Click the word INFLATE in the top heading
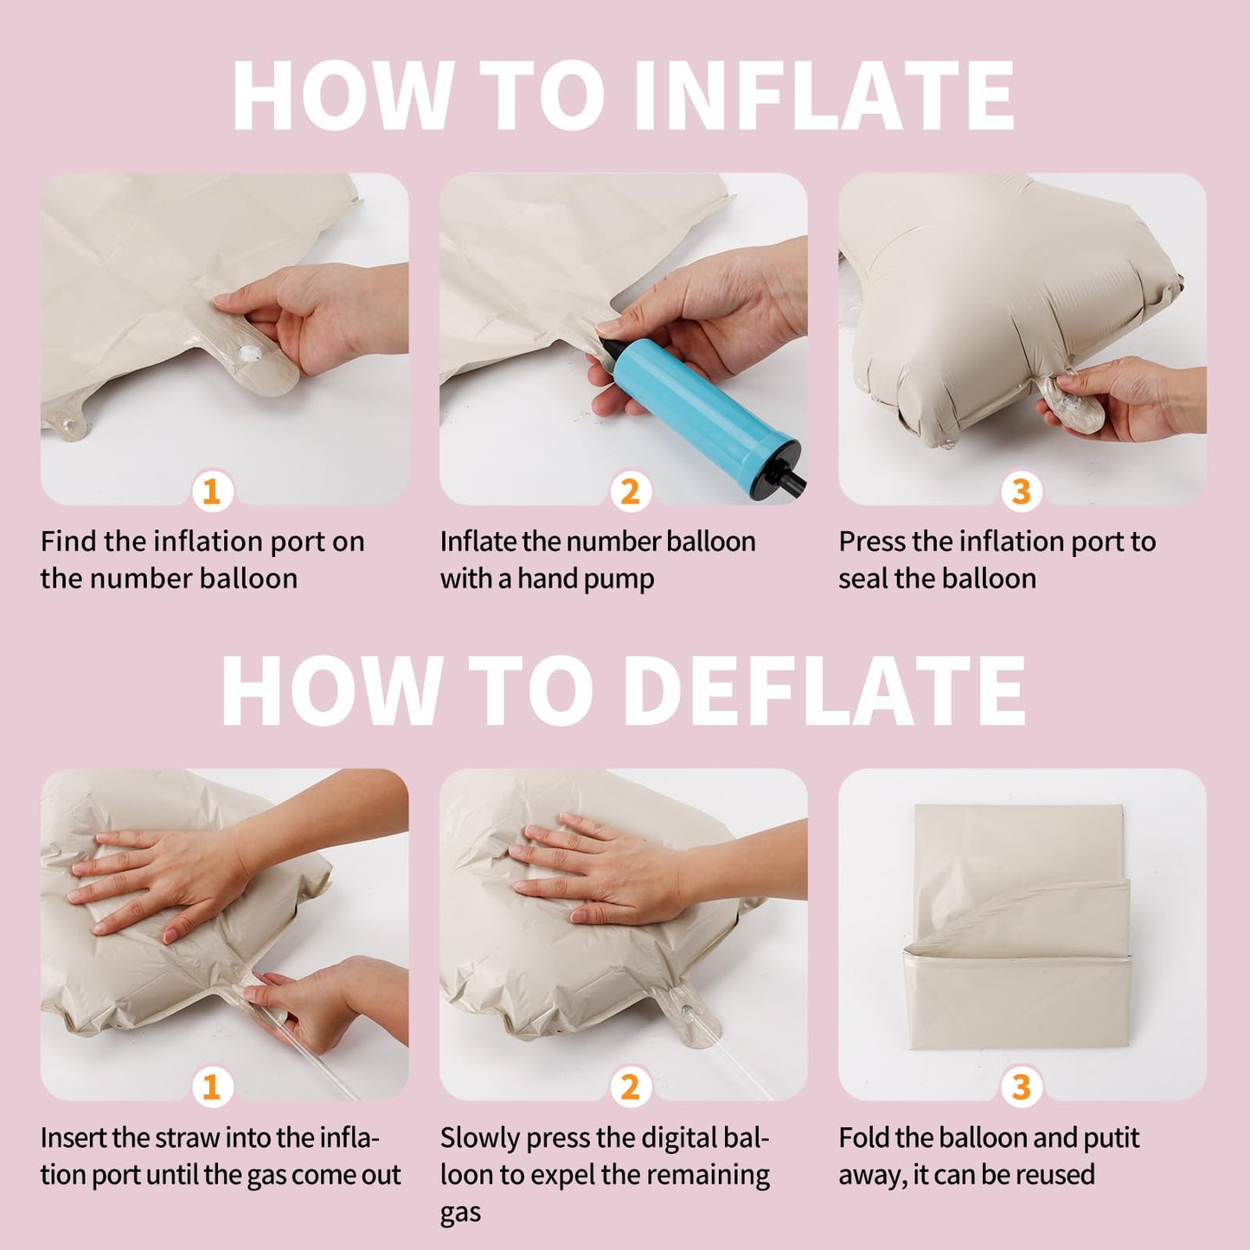point(824,95)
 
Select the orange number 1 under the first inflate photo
point(211,492)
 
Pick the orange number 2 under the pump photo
point(630,492)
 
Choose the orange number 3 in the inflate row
point(1022,492)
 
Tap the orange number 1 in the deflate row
point(211,1087)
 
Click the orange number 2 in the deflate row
point(630,1087)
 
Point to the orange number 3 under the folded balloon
point(1022,1087)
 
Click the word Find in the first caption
point(68,542)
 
